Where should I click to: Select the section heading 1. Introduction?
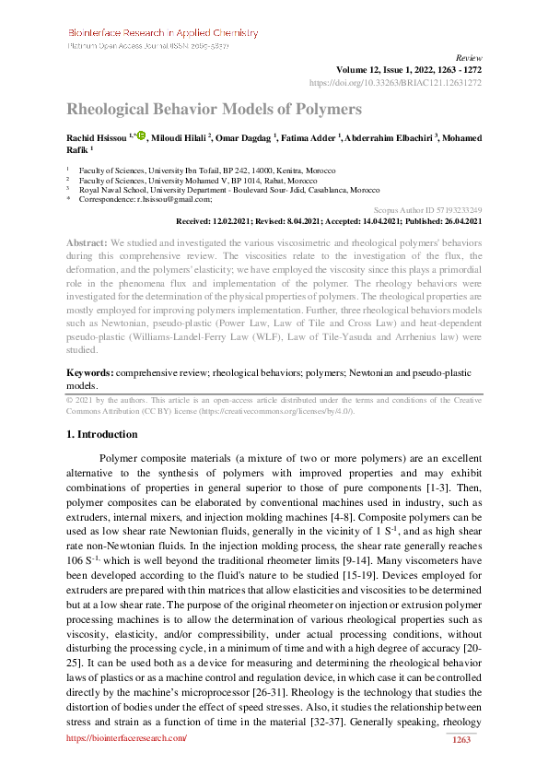pyautogui.click(x=100, y=434)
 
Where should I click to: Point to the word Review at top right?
pyautogui.click(x=470, y=57)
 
